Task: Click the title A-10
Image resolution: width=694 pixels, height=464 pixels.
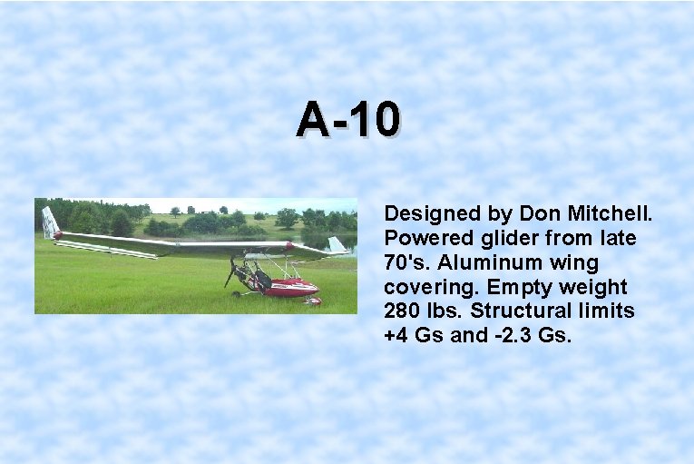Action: [x=347, y=119]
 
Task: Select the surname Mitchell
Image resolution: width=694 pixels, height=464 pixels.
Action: [x=616, y=214]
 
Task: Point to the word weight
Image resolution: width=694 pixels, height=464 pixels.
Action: [x=594, y=288]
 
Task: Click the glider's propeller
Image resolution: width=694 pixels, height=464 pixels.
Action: [x=232, y=270]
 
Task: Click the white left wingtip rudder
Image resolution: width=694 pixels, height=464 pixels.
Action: [x=50, y=222]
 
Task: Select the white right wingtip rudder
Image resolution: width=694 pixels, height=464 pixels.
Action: [x=337, y=244]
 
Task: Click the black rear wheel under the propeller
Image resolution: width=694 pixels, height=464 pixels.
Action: [x=238, y=293]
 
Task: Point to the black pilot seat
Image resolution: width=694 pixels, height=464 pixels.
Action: [x=262, y=276]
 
